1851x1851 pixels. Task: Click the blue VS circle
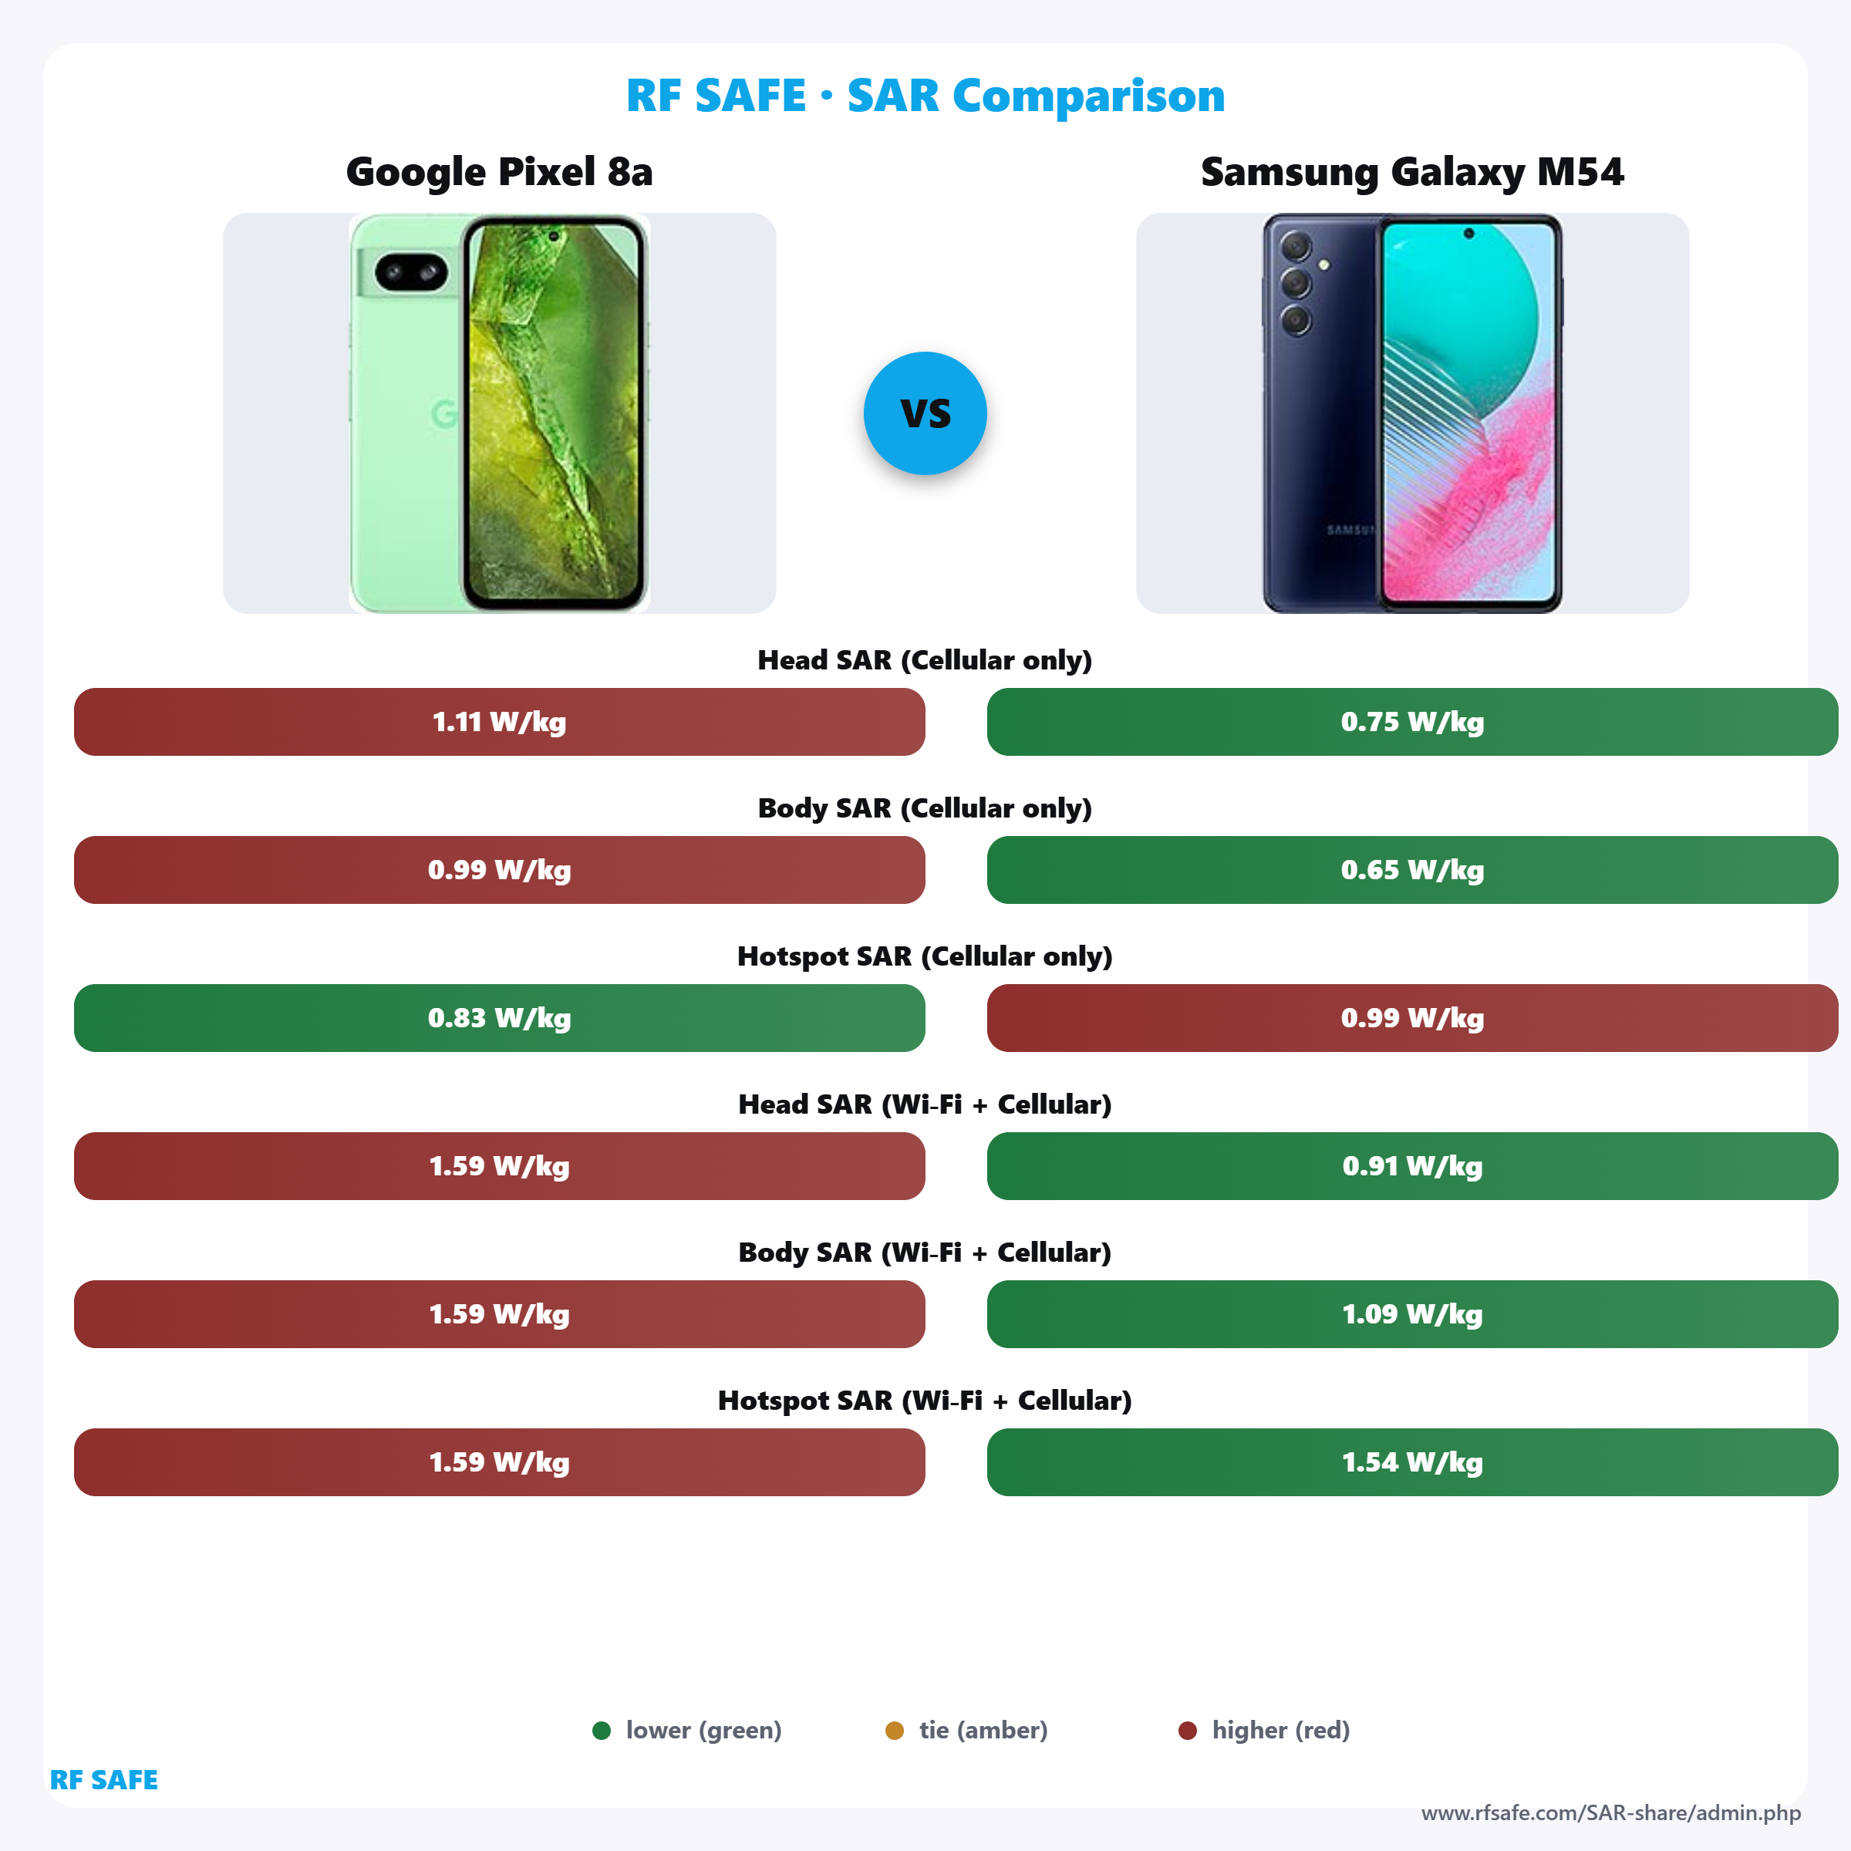[925, 413]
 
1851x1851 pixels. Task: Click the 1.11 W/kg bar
[499, 721]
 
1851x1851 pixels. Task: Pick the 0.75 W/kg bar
[1411, 721]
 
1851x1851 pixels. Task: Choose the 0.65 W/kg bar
[1411, 870]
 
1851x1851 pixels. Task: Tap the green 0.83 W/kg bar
[499, 1017]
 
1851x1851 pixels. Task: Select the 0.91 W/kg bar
[1411, 1166]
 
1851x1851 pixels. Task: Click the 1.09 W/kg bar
[1411, 1313]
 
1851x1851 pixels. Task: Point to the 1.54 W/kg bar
[1411, 1462]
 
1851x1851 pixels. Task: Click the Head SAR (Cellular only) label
[925, 660]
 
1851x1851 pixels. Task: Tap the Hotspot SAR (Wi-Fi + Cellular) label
[925, 1401]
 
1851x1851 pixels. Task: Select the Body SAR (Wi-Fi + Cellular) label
[925, 1253]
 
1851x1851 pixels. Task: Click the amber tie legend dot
[894, 1730]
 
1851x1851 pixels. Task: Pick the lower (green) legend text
[703, 1730]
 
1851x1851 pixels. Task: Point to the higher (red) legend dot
[1187, 1730]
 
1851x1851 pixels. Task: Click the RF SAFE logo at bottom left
[103, 1780]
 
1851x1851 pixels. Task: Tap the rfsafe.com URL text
[1610, 1812]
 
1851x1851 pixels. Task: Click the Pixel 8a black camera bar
[411, 273]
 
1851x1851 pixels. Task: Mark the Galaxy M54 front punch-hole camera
[1468, 233]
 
